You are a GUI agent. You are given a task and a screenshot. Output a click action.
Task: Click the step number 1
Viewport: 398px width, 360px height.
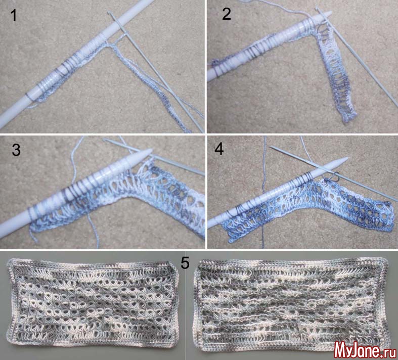[14, 16]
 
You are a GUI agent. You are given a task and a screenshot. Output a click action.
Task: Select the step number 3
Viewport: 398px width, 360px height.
[16, 150]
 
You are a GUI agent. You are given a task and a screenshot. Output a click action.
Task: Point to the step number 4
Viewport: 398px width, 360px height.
[219, 149]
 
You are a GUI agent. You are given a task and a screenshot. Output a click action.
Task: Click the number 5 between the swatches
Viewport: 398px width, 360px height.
[185, 263]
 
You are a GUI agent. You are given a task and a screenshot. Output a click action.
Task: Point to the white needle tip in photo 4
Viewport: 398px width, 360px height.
[347, 158]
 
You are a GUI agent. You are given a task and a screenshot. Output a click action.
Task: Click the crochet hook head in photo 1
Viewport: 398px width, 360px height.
[109, 13]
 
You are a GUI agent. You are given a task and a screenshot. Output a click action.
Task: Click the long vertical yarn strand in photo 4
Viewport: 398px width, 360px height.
[263, 192]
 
